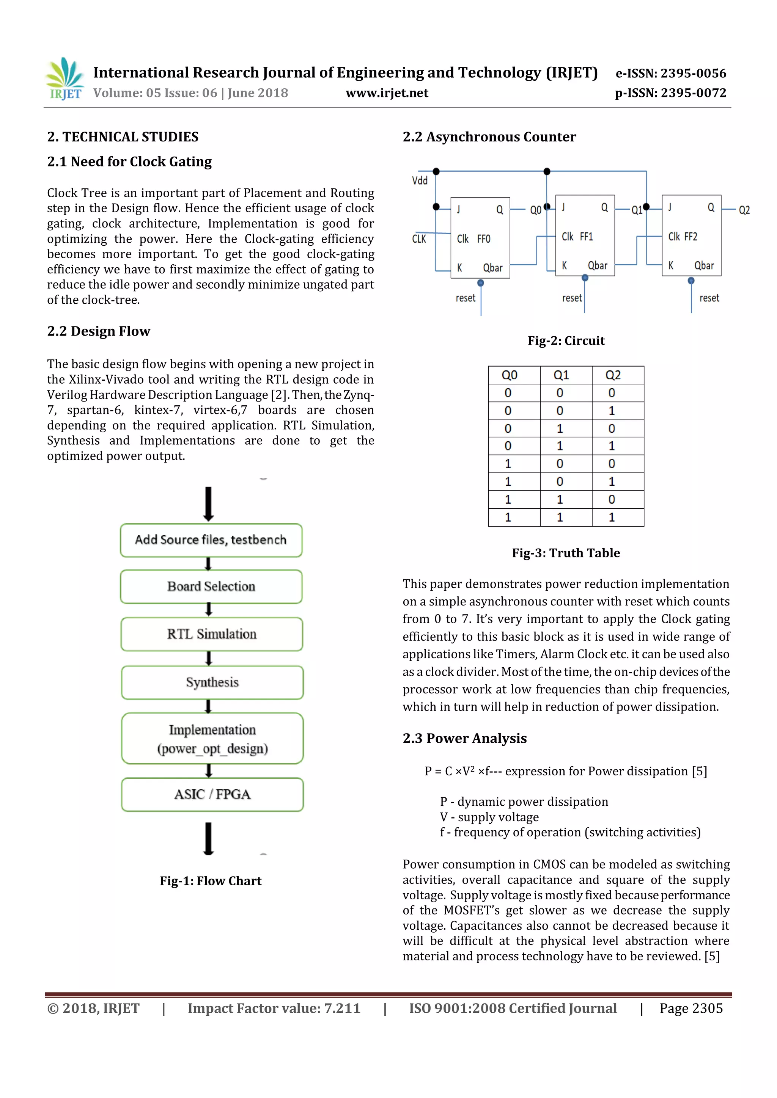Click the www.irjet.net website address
[x=387, y=93]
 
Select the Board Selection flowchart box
[x=211, y=586]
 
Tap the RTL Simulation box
[x=211, y=634]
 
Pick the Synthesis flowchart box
[x=212, y=682]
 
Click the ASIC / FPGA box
[x=212, y=794]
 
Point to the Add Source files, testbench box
[x=211, y=540]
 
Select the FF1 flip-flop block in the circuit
[x=585, y=236]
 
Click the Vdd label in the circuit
[x=420, y=181]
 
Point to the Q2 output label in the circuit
[x=744, y=210]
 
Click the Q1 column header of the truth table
[x=561, y=375]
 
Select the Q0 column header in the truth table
[x=509, y=375]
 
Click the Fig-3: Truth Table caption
[x=566, y=553]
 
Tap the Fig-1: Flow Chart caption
[x=211, y=881]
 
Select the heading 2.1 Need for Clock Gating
[x=129, y=162]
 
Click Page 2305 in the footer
[x=691, y=1008]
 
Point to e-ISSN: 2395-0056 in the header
[x=670, y=73]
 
